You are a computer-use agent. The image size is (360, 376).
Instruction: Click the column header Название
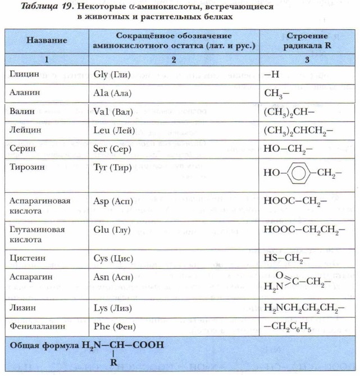pyautogui.click(x=47, y=41)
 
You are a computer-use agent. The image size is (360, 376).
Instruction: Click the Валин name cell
pyautogui.click(x=23, y=111)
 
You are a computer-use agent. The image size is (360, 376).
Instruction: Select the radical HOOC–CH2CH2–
pyautogui.click(x=300, y=230)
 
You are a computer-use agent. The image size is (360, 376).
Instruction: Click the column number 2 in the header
pyautogui.click(x=174, y=59)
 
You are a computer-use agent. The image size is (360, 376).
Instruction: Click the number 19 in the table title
pyautogui.click(x=60, y=7)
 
